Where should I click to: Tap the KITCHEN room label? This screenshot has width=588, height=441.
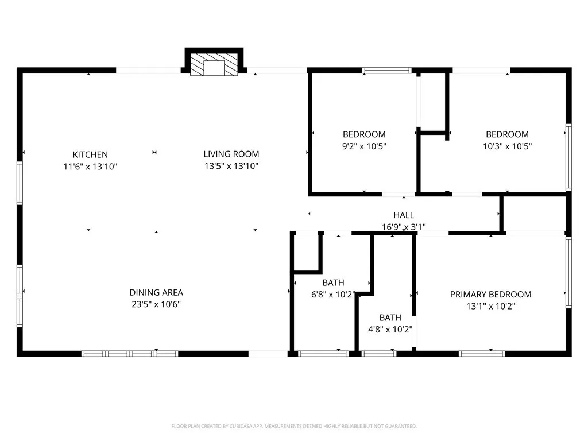(x=90, y=154)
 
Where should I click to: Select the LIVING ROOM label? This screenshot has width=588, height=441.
(x=231, y=154)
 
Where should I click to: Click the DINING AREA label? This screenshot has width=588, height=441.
(x=156, y=292)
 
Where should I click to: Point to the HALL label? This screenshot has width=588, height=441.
(x=404, y=215)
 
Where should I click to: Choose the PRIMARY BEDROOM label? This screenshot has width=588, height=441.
(x=490, y=294)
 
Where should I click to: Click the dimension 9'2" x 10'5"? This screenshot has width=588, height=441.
(x=364, y=146)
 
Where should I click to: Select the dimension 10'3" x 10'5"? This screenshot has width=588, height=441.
(x=507, y=146)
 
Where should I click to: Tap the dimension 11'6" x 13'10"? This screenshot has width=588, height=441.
(x=90, y=167)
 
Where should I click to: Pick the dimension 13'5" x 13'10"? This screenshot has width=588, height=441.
(x=231, y=166)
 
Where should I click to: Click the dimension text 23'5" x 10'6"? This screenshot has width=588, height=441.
(x=156, y=304)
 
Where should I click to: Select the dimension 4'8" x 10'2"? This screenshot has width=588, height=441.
(x=390, y=330)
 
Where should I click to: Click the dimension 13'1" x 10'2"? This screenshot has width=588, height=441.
(x=490, y=306)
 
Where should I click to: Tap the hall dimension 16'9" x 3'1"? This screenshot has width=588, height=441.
(x=404, y=227)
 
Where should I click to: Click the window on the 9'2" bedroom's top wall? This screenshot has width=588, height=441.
(x=387, y=71)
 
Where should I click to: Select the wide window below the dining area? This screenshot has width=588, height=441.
(x=130, y=354)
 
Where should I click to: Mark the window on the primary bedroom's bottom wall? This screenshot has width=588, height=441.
(x=482, y=354)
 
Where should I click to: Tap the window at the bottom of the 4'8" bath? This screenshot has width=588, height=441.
(x=379, y=354)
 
